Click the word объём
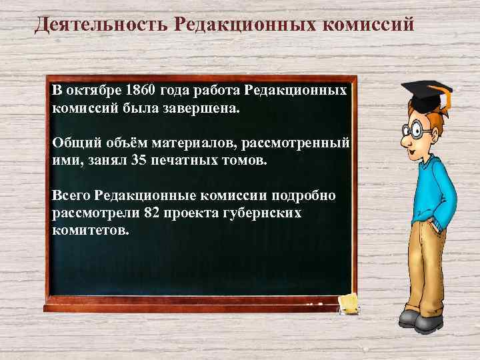pos(127,143)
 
